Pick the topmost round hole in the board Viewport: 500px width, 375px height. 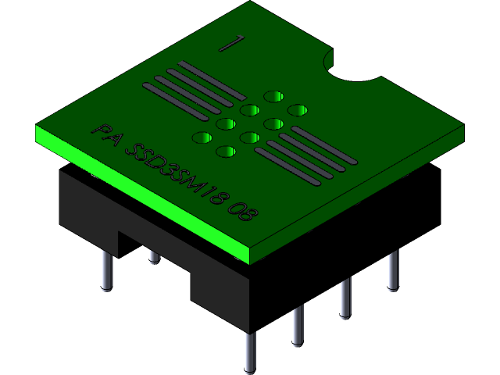coord(273,96)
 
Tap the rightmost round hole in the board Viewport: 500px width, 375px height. coord(297,110)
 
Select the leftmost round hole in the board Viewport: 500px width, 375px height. coord(202,138)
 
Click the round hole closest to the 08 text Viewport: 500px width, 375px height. coord(226,152)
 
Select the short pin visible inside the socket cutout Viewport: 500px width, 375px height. coord(154,255)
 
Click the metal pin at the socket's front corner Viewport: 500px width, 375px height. coord(249,352)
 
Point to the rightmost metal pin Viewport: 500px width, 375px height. coord(392,270)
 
